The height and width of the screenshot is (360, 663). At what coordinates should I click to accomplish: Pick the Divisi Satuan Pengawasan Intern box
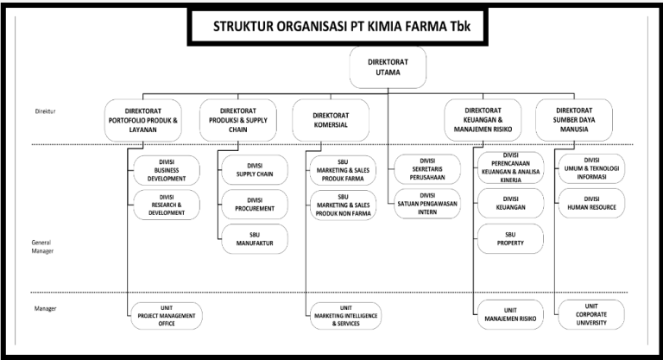pos(427,204)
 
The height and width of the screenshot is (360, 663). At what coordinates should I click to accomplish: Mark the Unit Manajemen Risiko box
pos(510,316)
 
